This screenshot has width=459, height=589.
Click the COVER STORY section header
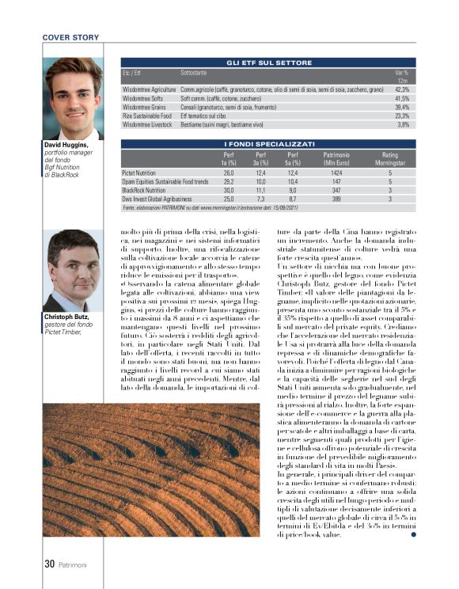click(x=71, y=37)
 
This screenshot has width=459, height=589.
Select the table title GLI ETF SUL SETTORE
click(x=268, y=62)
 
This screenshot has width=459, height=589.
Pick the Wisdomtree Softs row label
click(x=142, y=98)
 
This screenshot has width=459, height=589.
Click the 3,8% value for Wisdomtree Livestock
click(x=403, y=124)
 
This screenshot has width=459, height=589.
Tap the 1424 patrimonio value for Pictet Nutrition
click(x=336, y=172)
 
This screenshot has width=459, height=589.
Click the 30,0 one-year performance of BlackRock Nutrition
click(x=229, y=191)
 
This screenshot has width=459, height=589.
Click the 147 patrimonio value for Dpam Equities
click(x=336, y=181)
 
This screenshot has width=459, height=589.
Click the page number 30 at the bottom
click(x=48, y=564)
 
